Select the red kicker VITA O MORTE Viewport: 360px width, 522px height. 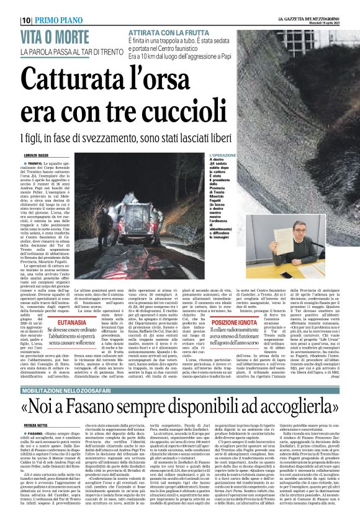pyautogui.click(x=51, y=37)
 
